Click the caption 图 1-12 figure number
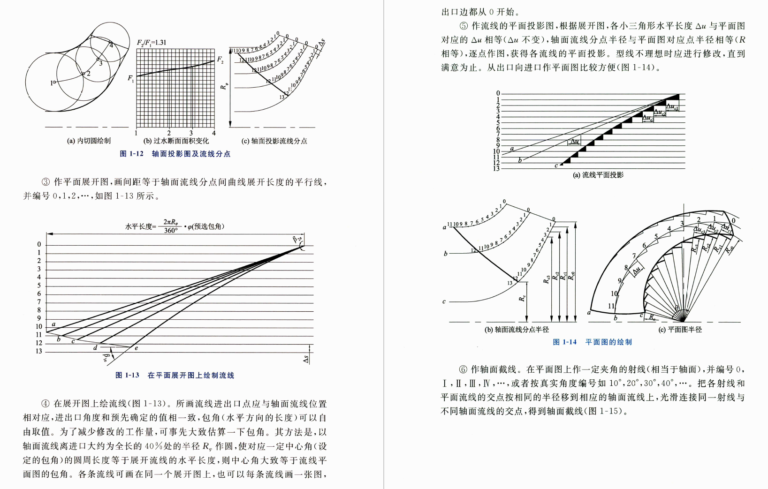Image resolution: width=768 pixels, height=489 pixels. [131, 154]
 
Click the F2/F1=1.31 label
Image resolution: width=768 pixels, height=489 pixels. [151, 43]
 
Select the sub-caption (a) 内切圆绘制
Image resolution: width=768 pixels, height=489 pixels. [89, 141]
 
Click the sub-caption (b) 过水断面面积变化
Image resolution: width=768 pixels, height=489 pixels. [175, 141]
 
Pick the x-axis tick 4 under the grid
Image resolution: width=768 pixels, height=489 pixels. [214, 133]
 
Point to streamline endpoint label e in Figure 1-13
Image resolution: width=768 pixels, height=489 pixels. [136, 348]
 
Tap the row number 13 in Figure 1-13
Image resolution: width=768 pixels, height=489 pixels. [39, 351]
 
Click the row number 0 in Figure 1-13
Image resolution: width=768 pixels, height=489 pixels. [39, 244]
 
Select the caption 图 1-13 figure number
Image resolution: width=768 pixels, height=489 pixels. [127, 375]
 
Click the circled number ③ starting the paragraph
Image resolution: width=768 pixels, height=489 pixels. [46, 182]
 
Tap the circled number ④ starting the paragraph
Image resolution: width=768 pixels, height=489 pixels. [46, 404]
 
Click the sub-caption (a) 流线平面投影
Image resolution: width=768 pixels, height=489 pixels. [598, 175]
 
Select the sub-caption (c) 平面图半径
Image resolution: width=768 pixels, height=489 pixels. [680, 330]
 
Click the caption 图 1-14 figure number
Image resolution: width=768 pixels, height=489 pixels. [564, 342]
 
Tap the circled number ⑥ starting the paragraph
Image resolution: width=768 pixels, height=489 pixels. [463, 369]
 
